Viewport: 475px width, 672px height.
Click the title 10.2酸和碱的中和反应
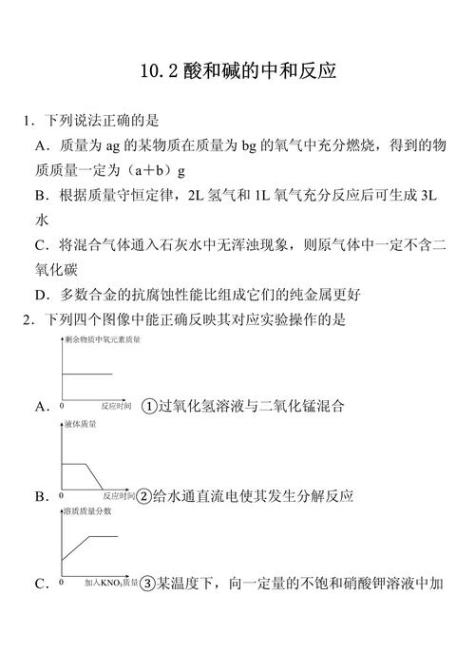[x=237, y=71]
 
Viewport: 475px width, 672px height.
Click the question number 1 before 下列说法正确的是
[x=28, y=121]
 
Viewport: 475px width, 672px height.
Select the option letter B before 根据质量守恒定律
[x=41, y=195]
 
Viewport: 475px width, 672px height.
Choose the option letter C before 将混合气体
[x=41, y=244]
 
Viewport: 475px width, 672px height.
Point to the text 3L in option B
[x=432, y=195]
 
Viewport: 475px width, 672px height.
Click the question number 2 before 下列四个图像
[x=28, y=319]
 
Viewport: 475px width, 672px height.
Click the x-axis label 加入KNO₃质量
[x=110, y=583]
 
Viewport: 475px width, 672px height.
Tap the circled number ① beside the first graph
[x=148, y=406]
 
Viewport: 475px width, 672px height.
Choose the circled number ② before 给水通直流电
[x=145, y=496]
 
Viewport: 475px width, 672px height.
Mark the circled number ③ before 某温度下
[x=147, y=583]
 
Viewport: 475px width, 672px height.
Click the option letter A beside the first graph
[x=41, y=406]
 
